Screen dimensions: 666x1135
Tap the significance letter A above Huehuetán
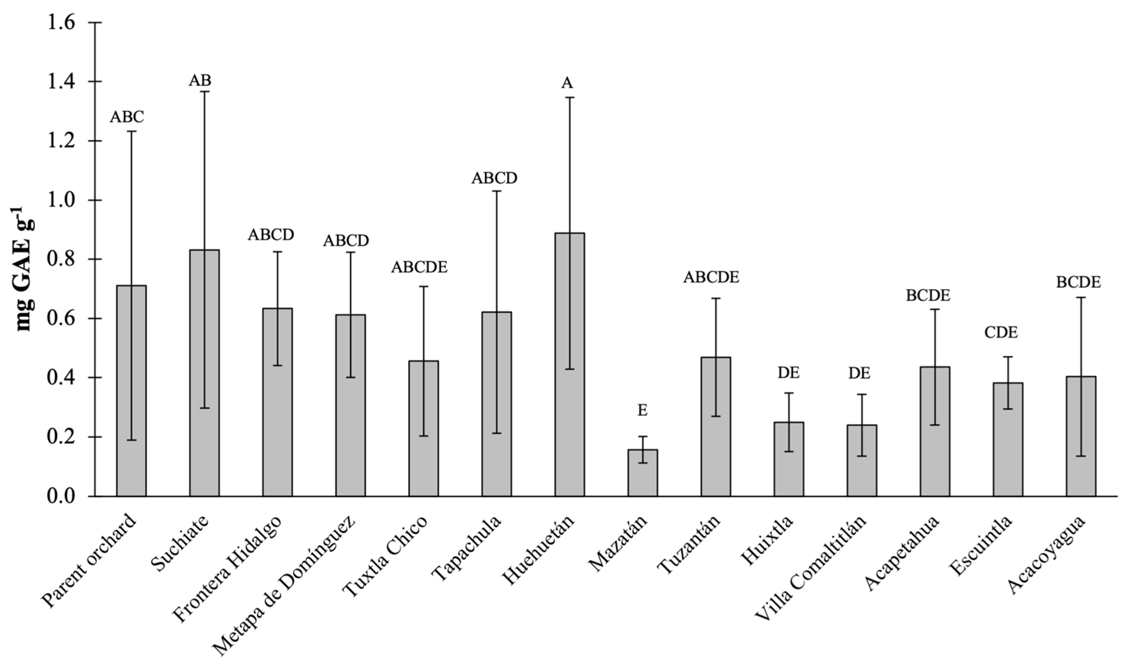coord(567,83)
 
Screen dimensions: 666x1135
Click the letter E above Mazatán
coord(643,411)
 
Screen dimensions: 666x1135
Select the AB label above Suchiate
coord(200,80)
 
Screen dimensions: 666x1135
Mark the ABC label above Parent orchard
coord(127,117)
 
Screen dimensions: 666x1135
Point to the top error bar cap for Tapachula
coord(497,191)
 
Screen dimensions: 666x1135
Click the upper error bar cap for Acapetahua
coord(935,309)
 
